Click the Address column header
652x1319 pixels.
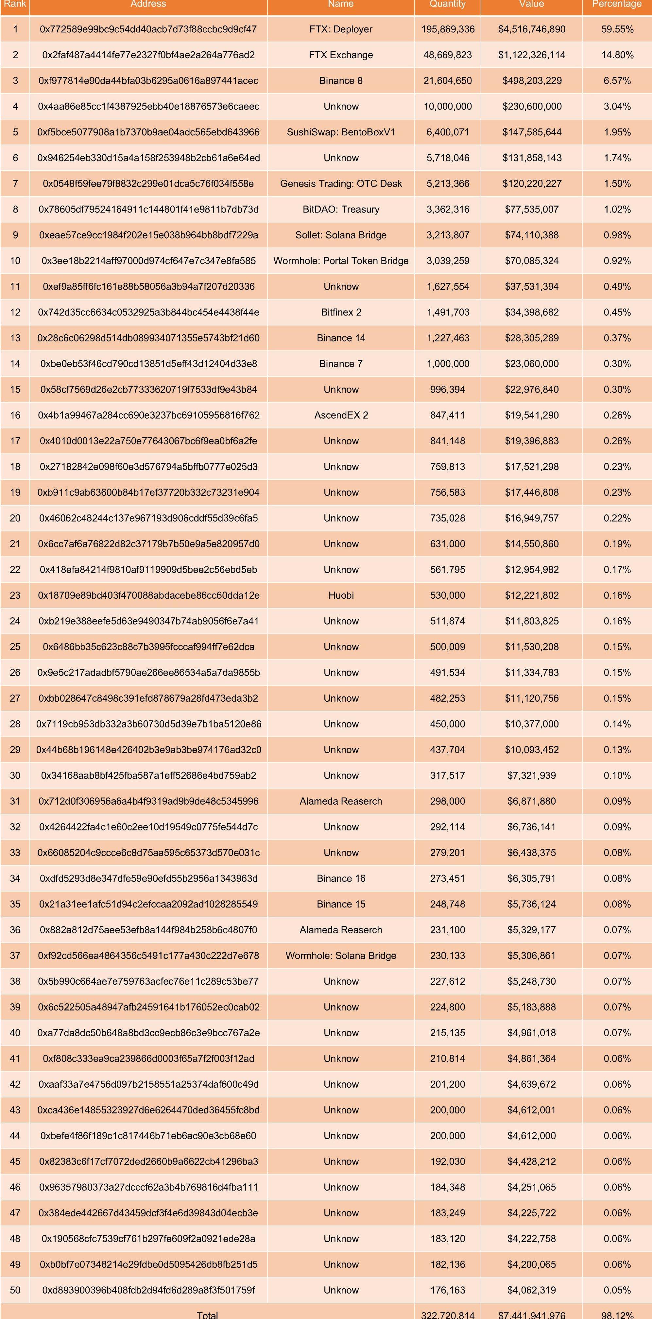[x=148, y=4]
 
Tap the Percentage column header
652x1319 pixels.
[x=617, y=4]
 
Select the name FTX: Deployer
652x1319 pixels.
[x=341, y=29]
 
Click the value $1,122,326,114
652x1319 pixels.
[x=532, y=55]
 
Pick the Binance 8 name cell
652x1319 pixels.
[x=341, y=80]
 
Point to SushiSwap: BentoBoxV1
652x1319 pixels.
[x=341, y=132]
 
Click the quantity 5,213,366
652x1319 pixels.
[x=448, y=183]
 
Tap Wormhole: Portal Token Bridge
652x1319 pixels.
[x=341, y=260]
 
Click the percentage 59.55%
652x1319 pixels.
[x=617, y=29]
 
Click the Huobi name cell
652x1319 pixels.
[x=341, y=595]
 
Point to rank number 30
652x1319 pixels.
[x=15, y=775]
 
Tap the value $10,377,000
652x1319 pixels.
[x=532, y=724]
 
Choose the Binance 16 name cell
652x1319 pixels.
[x=341, y=878]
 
